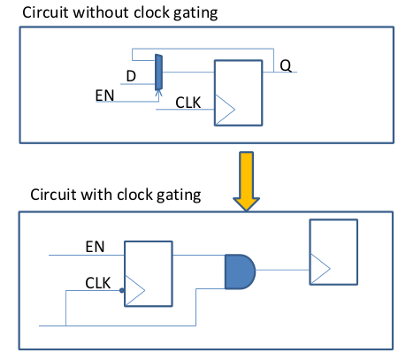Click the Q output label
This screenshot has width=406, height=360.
[x=286, y=65]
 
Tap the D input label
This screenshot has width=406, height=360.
[x=131, y=76]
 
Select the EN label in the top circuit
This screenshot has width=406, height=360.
[x=104, y=96]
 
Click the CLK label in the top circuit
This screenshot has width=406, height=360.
[x=188, y=103]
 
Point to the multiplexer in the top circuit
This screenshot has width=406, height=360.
[x=158, y=73]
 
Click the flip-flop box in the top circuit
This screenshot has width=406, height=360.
[x=238, y=93]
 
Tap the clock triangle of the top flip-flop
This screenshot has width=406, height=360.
[x=225, y=110]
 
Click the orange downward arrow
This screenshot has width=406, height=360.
[x=246, y=181]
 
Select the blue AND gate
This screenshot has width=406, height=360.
[x=240, y=272]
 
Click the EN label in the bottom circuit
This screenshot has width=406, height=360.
[x=95, y=247]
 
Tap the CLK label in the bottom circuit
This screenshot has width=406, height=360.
[x=97, y=283]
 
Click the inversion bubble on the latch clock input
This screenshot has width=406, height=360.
[x=122, y=290]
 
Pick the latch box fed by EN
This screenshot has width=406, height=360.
[x=149, y=274]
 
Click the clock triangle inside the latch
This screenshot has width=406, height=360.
[x=134, y=290]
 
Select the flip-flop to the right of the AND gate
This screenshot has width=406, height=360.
[x=333, y=252]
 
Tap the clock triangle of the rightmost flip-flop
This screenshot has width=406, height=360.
[x=320, y=269]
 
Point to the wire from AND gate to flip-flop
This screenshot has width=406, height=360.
[x=282, y=270]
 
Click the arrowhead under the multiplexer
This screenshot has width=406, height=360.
[x=158, y=93]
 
